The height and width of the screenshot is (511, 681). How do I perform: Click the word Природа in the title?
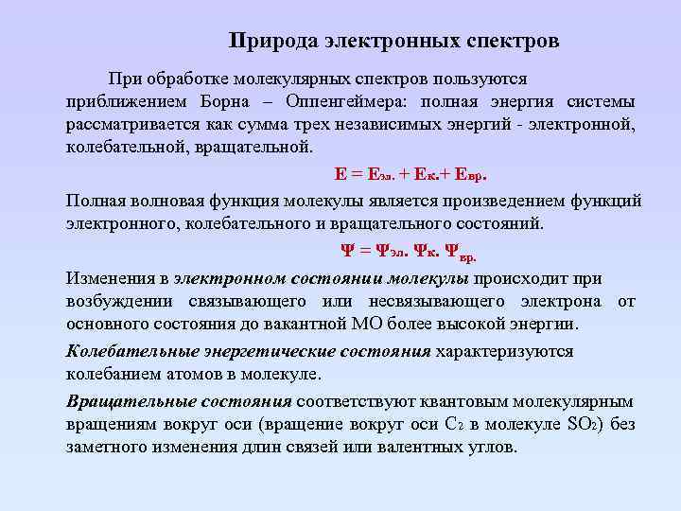(x=273, y=42)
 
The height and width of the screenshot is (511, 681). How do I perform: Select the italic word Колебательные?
(x=131, y=351)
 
